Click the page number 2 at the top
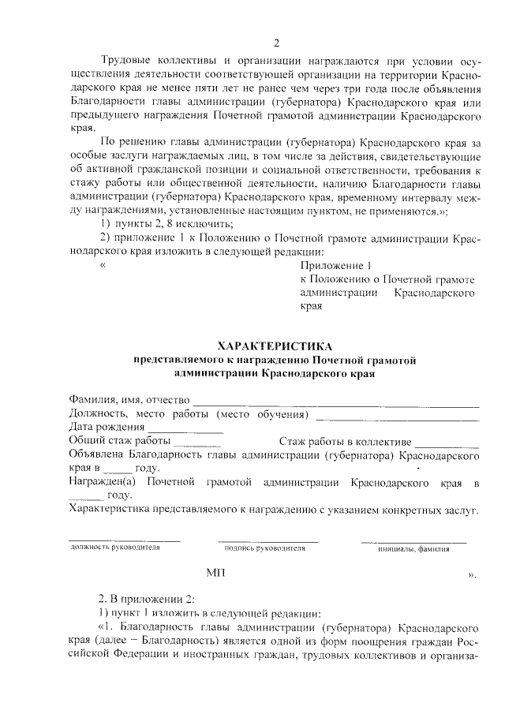click(x=275, y=43)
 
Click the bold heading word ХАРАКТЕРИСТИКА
click(x=275, y=346)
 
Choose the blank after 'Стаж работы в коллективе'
click(x=447, y=445)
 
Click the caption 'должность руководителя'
click(x=115, y=548)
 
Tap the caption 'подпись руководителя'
click(x=264, y=548)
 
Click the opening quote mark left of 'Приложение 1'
click(x=103, y=266)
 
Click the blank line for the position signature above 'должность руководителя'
click(x=125, y=540)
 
